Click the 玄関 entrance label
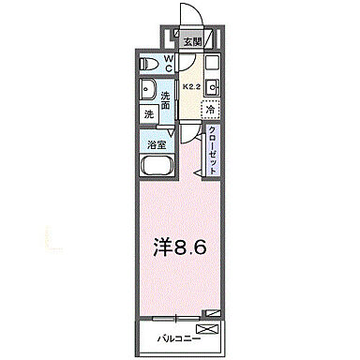pyautogui.click(x=191, y=41)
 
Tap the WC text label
pyautogui.click(x=170, y=64)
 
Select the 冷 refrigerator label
pyautogui.click(x=211, y=110)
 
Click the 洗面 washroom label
pyautogui.click(x=165, y=99)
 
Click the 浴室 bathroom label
pyautogui.click(x=157, y=143)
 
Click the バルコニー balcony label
pyautogui.click(x=171, y=335)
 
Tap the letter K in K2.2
pyautogui.click(x=185, y=87)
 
